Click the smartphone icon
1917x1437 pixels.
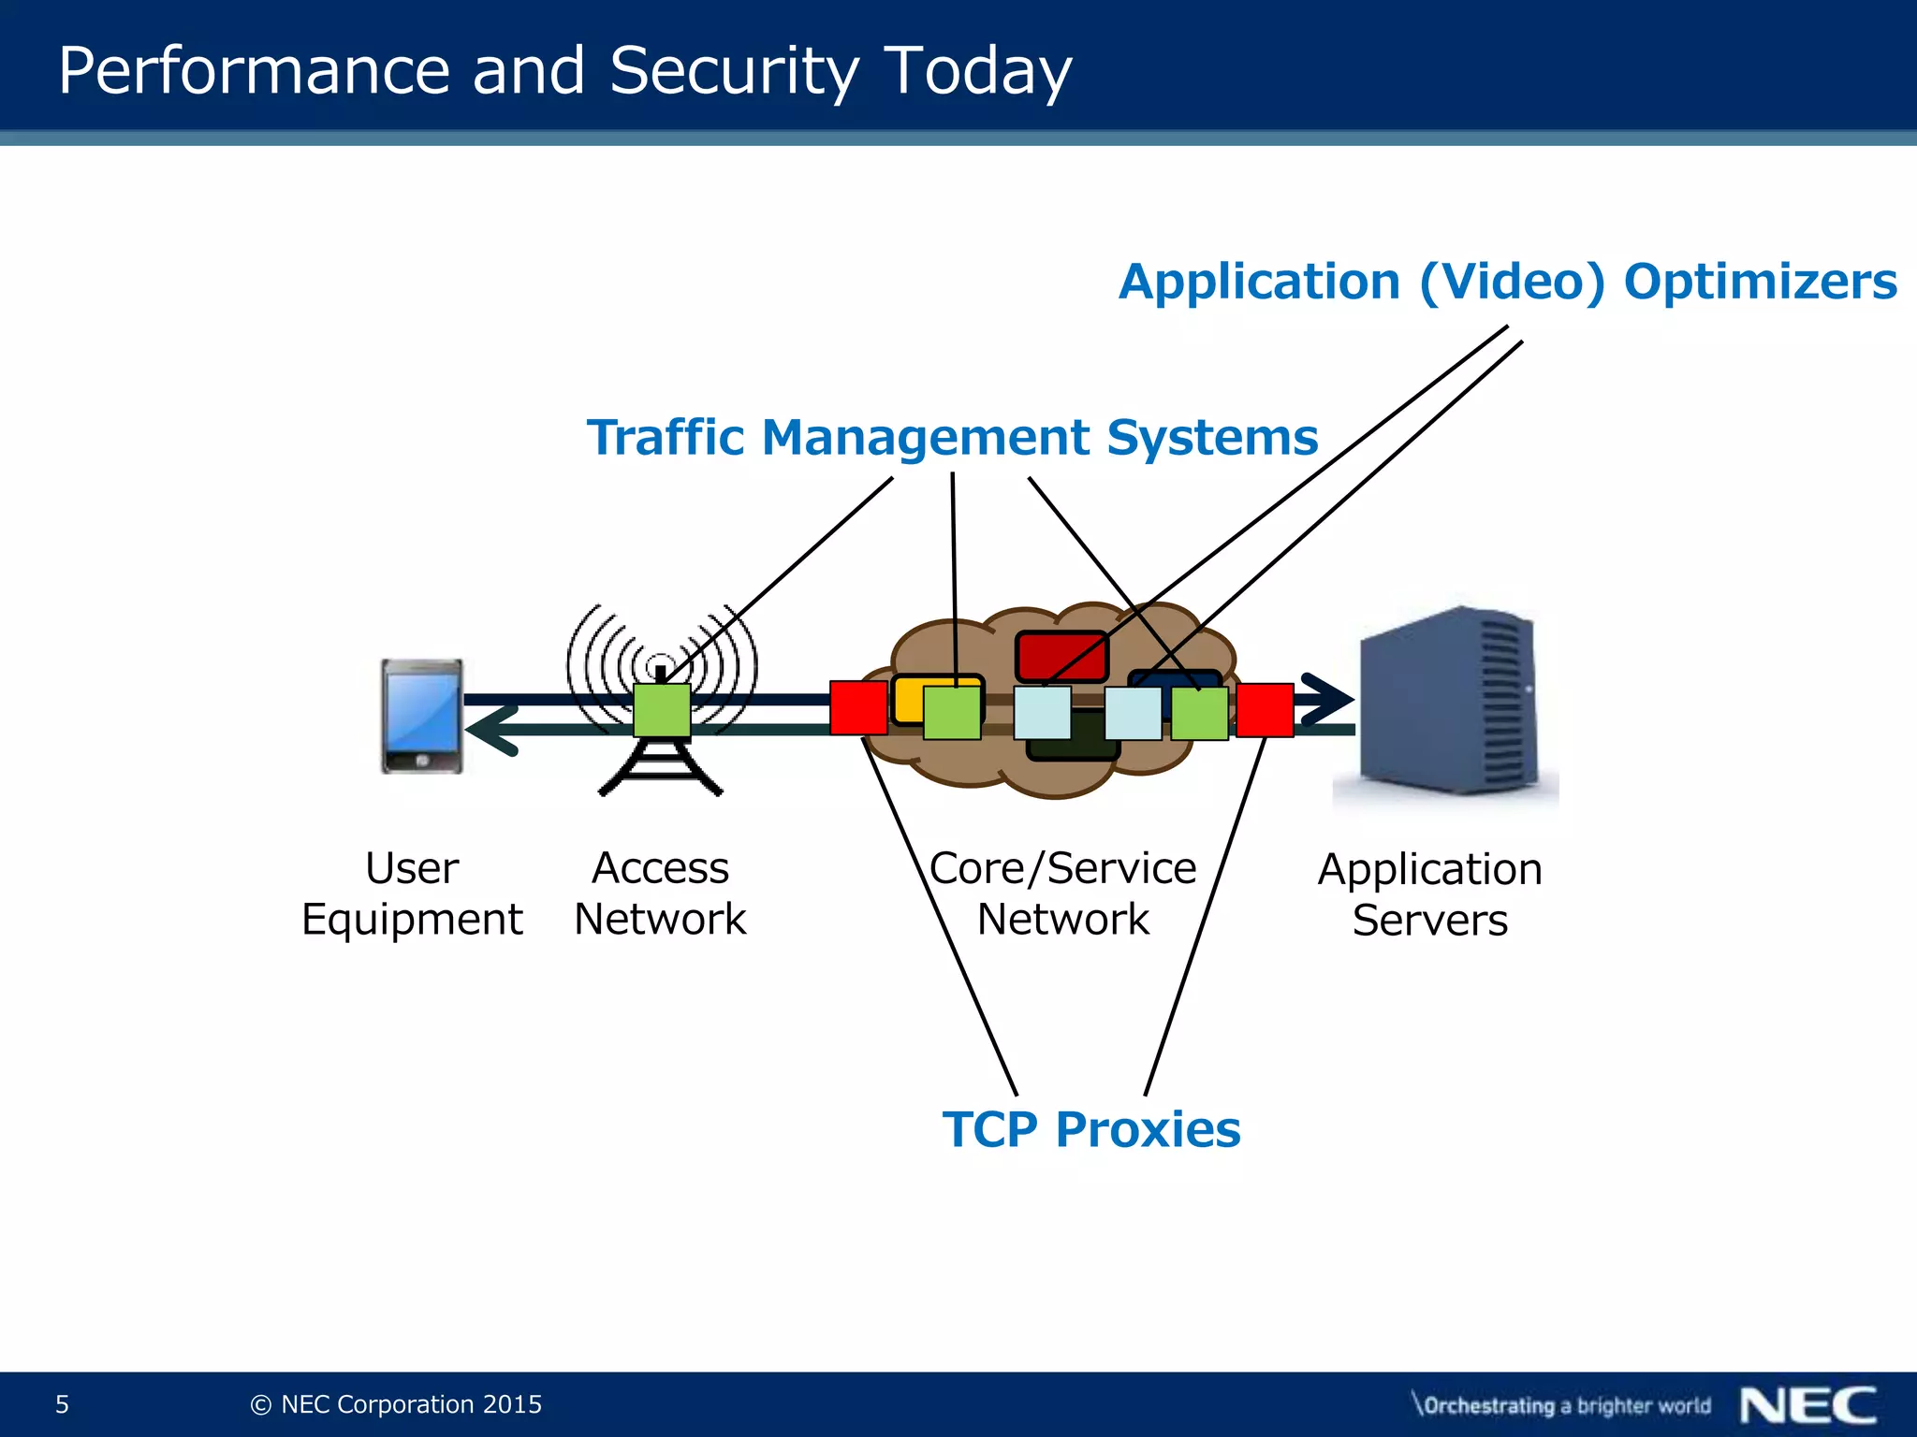click(x=421, y=717)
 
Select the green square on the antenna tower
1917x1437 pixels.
click(x=662, y=710)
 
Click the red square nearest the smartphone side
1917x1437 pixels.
click(x=858, y=707)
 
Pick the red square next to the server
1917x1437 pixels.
click(x=1265, y=710)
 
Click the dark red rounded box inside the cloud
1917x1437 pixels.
click(x=1061, y=655)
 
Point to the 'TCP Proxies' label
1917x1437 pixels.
click(x=1091, y=1129)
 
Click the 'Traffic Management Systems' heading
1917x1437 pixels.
click(x=952, y=437)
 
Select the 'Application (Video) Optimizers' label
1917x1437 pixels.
click(x=1507, y=282)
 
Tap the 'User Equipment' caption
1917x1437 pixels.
click(x=412, y=893)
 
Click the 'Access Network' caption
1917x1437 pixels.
click(x=660, y=893)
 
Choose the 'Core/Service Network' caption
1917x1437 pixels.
click(x=1062, y=893)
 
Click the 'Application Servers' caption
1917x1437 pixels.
click(x=1429, y=894)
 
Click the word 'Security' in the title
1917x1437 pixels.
click(x=734, y=71)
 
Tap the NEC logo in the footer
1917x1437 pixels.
click(x=1807, y=1405)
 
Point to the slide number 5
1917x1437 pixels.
click(x=62, y=1404)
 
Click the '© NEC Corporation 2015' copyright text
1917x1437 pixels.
click(x=397, y=1404)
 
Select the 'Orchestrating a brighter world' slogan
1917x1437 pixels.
click(x=1561, y=1405)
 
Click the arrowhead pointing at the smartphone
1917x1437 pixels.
click(x=490, y=730)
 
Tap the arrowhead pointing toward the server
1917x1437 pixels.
click(x=1328, y=699)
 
